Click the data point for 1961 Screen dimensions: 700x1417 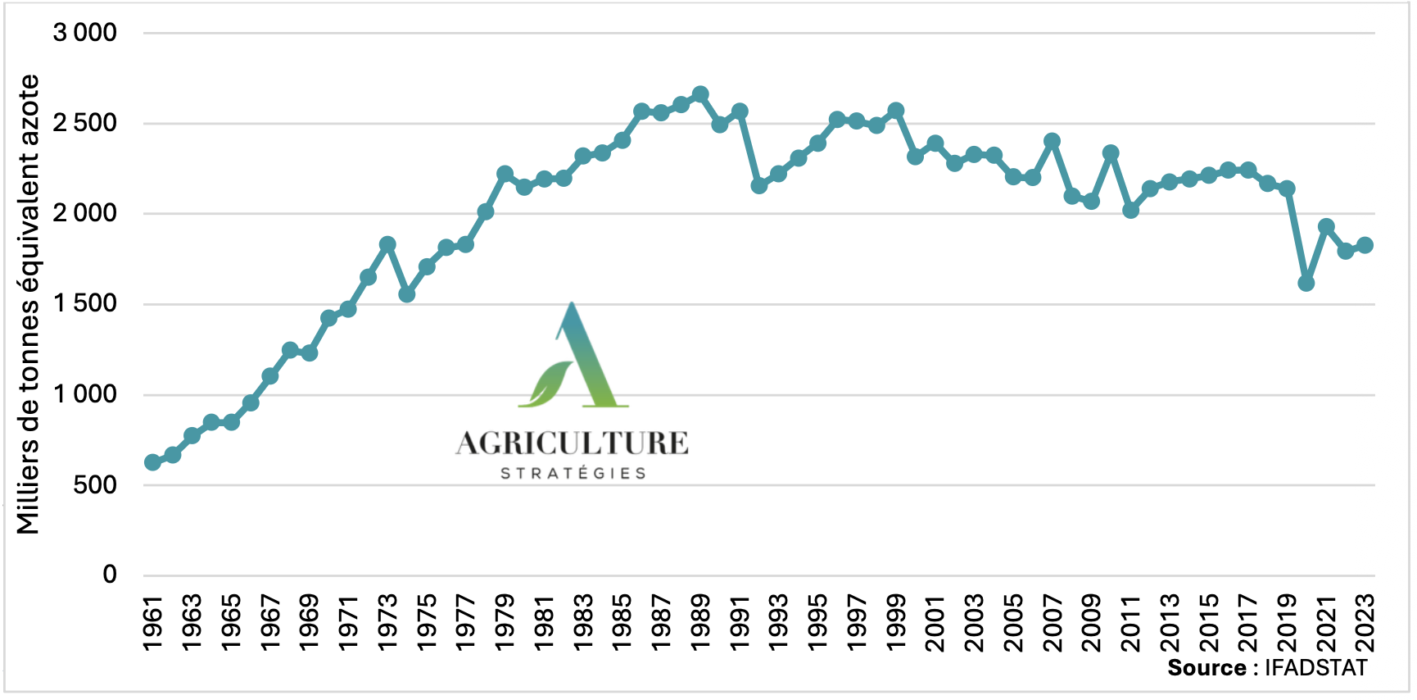click(152, 462)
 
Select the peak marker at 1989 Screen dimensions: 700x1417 click(700, 95)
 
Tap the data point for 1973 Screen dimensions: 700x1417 click(387, 244)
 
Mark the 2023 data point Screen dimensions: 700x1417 click(1365, 245)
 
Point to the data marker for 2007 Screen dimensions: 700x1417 click(1053, 141)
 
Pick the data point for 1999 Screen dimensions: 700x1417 click(896, 111)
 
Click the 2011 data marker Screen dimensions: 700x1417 click(1131, 211)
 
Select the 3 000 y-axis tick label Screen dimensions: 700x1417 click(85, 33)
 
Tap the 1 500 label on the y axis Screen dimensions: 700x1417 click(85, 304)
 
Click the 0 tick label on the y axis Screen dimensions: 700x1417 click(110, 575)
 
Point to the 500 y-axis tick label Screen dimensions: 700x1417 click(95, 484)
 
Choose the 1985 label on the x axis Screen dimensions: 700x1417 click(622, 622)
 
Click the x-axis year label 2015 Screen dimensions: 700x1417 click(1209, 622)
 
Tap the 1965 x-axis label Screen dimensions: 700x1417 click(232, 622)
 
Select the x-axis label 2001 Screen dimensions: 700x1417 click(935, 622)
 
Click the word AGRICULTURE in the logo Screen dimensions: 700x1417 click(573, 443)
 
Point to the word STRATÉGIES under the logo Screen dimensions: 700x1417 click(573, 473)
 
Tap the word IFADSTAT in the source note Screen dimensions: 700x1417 click(1315, 668)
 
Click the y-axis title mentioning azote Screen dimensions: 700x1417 click(28, 304)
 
